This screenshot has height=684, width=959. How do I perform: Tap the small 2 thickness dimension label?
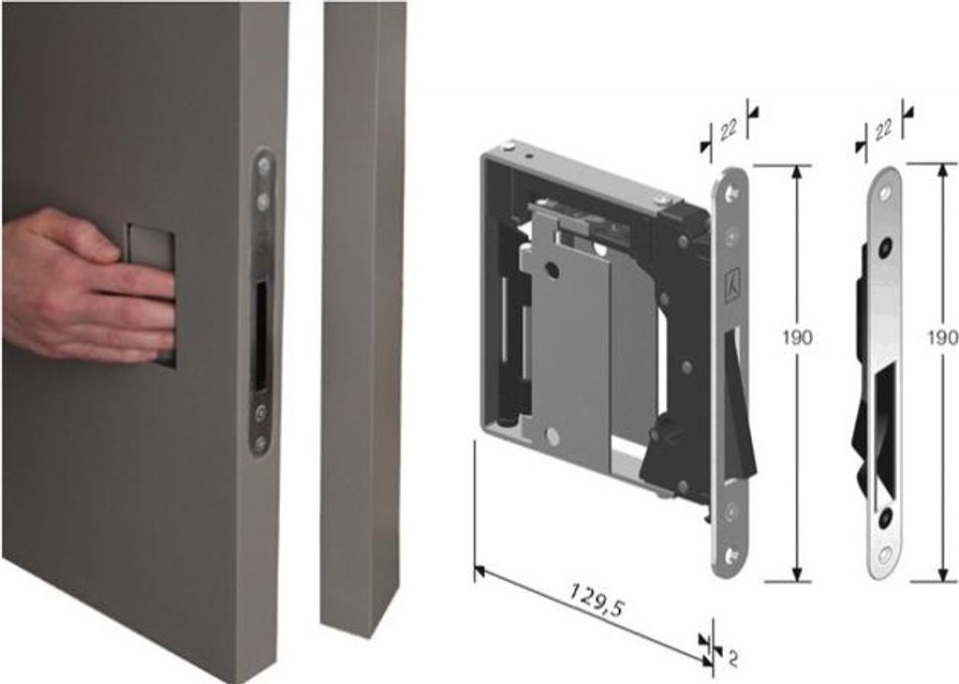(x=732, y=659)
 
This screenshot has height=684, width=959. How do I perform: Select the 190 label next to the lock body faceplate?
(x=798, y=337)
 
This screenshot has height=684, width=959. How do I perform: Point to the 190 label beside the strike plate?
(x=943, y=337)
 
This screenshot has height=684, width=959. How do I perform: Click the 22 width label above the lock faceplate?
(x=729, y=129)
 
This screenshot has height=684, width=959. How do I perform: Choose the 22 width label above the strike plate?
(x=883, y=129)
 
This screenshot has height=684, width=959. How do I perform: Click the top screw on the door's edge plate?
(x=263, y=165)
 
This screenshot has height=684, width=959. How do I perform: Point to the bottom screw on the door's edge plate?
(x=260, y=441)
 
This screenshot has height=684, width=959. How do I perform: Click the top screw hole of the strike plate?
(x=885, y=193)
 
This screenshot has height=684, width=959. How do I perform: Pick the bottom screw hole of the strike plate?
(x=884, y=555)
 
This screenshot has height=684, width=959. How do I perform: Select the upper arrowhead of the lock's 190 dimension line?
(x=796, y=171)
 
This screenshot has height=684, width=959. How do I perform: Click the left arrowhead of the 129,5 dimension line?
(x=480, y=572)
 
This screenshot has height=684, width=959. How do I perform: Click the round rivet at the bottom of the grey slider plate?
(x=552, y=436)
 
